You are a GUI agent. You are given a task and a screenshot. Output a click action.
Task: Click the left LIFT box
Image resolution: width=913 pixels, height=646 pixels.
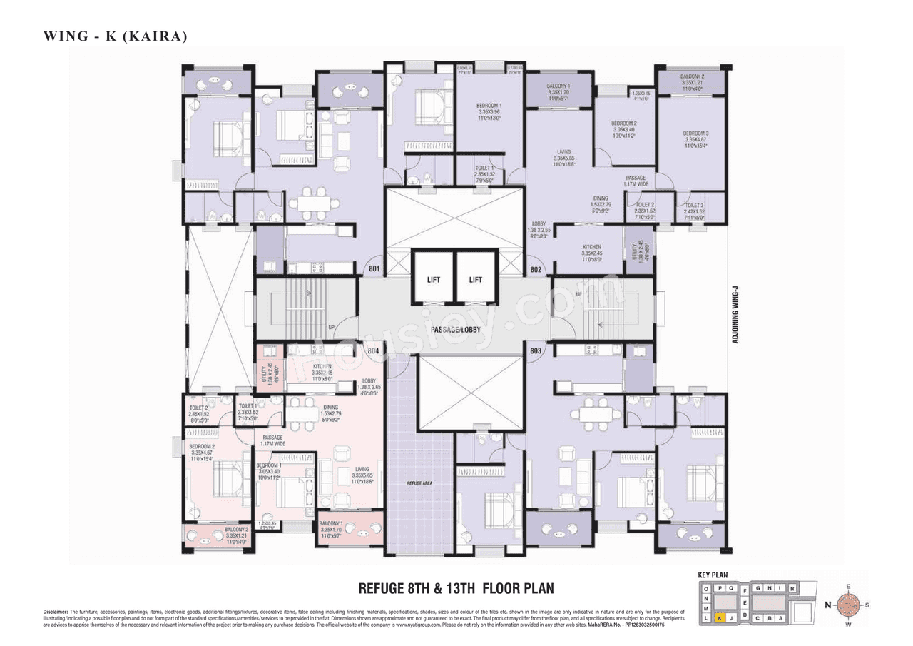pyautogui.click(x=434, y=280)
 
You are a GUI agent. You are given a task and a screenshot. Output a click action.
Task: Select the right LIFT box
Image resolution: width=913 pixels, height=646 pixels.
pyautogui.click(x=476, y=280)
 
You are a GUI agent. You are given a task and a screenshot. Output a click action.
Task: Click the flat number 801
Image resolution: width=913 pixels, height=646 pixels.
pyautogui.click(x=372, y=270)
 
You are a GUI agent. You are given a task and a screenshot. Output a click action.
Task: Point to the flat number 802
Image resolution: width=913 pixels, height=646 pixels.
pyautogui.click(x=537, y=270)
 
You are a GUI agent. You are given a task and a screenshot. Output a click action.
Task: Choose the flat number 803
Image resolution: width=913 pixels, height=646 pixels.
pyautogui.click(x=537, y=350)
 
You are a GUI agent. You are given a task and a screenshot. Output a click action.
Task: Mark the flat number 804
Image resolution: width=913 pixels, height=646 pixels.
pyautogui.click(x=372, y=350)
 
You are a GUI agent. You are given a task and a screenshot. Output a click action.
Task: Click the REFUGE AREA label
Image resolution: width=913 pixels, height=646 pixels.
pyautogui.click(x=419, y=483)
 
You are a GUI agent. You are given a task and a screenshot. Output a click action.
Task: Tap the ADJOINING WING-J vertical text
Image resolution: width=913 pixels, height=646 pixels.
pyautogui.click(x=735, y=314)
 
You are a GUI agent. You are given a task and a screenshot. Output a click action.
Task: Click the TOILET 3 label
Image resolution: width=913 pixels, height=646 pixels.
pyautogui.click(x=693, y=208)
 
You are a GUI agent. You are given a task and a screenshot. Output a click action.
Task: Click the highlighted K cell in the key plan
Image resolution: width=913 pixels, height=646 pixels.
pyautogui.click(x=721, y=618)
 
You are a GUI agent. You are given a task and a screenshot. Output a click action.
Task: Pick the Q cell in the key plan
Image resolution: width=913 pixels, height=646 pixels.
pyautogui.click(x=730, y=587)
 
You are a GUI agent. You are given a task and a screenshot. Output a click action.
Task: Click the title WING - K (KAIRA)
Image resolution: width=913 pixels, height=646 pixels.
pyautogui.click(x=115, y=36)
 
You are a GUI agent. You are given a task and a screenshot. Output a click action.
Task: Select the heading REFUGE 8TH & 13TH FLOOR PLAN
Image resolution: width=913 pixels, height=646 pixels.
pyautogui.click(x=456, y=588)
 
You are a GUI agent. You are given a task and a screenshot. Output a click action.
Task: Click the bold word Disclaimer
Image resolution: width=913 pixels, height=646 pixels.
pyautogui.click(x=56, y=612)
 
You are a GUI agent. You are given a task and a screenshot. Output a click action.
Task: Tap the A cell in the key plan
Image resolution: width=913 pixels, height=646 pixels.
pyautogui.click(x=780, y=618)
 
